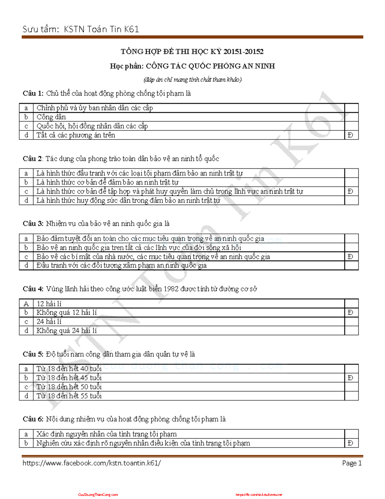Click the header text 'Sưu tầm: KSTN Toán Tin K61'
[x=81, y=29]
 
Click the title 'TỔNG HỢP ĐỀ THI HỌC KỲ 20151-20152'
[x=192, y=51]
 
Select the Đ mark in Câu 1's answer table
[x=350, y=135]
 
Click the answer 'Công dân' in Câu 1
[x=51, y=117]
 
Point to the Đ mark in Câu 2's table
[x=350, y=192]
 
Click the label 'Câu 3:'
[x=33, y=224]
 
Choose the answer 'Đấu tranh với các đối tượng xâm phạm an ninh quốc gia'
[x=121, y=265]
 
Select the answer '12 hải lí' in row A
[x=49, y=304]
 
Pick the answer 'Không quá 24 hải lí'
[x=66, y=331]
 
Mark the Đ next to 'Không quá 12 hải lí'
[x=350, y=312]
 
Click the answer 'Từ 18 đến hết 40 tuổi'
[x=69, y=369]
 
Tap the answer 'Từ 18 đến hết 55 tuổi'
[x=69, y=396]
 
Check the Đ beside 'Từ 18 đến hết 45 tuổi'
[x=350, y=378]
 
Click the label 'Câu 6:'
[x=33, y=419]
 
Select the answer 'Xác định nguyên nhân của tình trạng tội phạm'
[x=106, y=434]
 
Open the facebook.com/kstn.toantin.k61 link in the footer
[x=91, y=463]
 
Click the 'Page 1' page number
[x=352, y=463]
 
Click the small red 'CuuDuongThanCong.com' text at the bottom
[x=98, y=495]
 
